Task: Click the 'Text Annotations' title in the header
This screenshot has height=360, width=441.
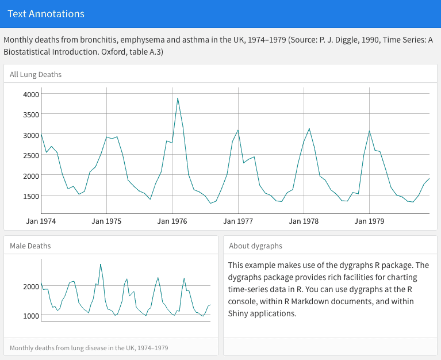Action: coord(46,14)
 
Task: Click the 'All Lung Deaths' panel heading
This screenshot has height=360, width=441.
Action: coord(36,74)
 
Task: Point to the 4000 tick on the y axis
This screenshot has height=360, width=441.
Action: coord(31,94)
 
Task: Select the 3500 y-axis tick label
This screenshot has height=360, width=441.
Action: coord(31,114)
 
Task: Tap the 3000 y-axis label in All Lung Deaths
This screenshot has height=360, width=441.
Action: coord(31,135)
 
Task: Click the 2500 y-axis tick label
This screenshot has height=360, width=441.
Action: coord(31,155)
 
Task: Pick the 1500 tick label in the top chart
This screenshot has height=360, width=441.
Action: coord(31,196)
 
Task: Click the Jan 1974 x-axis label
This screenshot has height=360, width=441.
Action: coord(41,221)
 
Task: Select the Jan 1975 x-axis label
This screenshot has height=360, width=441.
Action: coord(106,221)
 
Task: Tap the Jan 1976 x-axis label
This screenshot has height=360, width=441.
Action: coord(172,221)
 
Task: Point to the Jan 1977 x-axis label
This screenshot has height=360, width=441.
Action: coord(238,221)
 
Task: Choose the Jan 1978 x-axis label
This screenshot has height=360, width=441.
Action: coord(304,221)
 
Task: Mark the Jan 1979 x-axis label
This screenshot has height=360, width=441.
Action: coord(369,221)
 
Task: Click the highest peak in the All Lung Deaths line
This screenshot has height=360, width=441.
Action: coord(178,98)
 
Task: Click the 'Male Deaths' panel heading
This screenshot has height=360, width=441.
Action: coord(30,246)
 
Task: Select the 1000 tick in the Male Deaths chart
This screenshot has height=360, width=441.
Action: coord(30,316)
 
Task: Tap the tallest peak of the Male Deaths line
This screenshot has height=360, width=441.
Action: coord(101,265)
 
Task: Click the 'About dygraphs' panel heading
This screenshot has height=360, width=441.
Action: coord(255,246)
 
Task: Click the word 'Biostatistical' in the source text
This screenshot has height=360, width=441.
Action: coord(27,52)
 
